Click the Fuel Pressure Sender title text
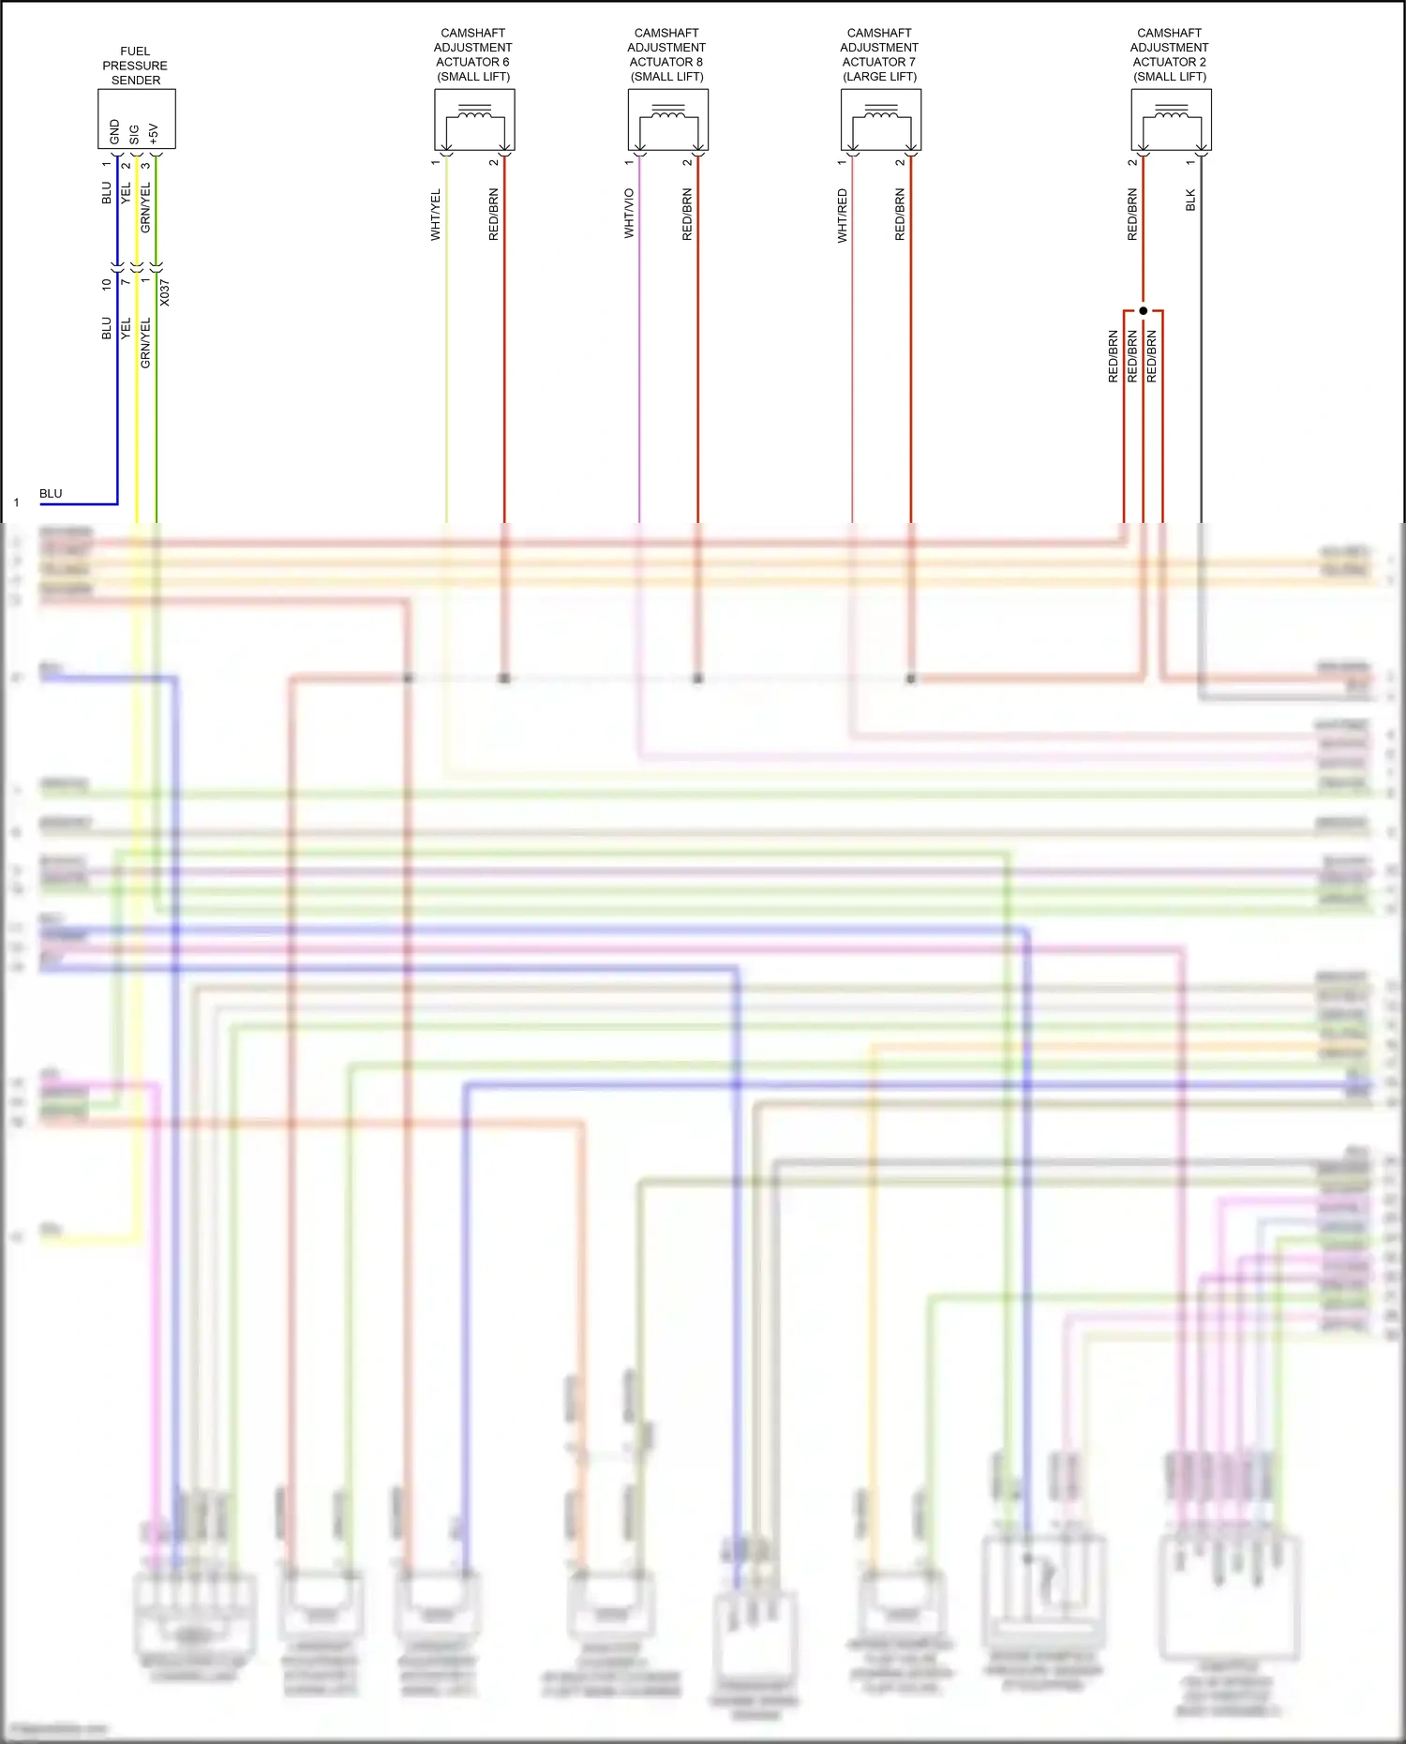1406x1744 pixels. [x=135, y=66]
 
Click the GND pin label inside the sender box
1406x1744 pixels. [x=115, y=132]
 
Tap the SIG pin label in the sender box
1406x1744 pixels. [x=134, y=134]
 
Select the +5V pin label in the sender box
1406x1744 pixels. [x=154, y=134]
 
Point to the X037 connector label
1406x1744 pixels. [x=165, y=292]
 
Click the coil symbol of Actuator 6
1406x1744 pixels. [x=474, y=115]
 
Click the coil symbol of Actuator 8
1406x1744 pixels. [x=667, y=115]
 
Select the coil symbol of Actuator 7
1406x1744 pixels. [x=880, y=115]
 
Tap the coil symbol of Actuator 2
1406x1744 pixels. [x=1171, y=115]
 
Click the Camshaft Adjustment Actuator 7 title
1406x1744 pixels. [x=879, y=54]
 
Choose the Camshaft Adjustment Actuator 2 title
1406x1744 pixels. [x=1169, y=54]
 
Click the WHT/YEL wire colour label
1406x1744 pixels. [x=436, y=215]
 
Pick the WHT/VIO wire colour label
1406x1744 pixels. [x=629, y=213]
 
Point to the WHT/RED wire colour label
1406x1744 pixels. [x=842, y=216]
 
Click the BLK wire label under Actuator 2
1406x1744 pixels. [x=1190, y=200]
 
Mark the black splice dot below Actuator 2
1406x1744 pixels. [x=1143, y=310]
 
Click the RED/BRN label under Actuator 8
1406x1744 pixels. [x=687, y=215]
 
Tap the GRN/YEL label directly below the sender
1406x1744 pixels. [x=145, y=207]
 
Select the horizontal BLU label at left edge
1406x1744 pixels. [x=51, y=494]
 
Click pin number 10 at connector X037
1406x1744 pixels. [x=107, y=283]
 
